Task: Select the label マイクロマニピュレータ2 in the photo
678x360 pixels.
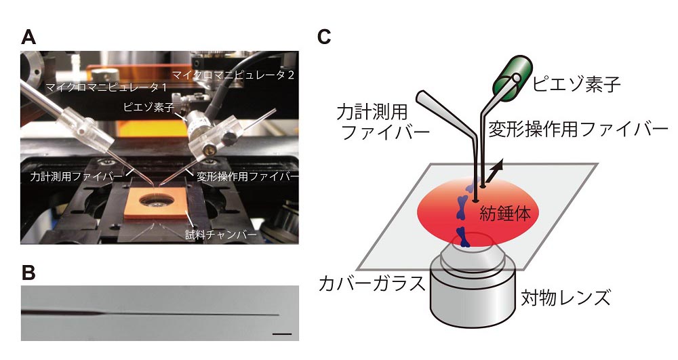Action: (x=233, y=74)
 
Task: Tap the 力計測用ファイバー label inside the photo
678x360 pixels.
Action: (x=73, y=176)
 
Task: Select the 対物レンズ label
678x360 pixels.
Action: (x=565, y=297)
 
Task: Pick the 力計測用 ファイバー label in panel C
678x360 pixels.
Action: (x=384, y=120)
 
